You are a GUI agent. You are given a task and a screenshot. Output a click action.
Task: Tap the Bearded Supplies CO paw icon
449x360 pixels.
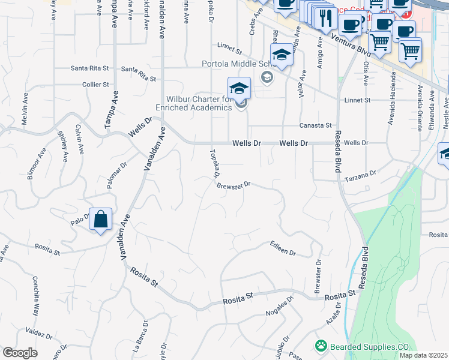[321, 346]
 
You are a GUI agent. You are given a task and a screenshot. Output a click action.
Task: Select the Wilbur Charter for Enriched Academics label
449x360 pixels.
[193, 103]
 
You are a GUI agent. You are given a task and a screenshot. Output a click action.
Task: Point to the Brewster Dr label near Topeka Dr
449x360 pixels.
[233, 185]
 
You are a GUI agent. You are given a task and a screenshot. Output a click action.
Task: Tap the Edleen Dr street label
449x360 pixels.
[283, 248]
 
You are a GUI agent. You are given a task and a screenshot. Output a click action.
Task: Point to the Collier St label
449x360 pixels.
[95, 85]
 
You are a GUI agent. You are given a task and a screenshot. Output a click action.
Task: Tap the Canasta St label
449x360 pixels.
[316, 125]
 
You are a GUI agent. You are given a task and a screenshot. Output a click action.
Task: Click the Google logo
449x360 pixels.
[20, 353]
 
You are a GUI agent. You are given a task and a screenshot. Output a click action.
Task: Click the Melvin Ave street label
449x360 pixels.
[25, 109]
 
